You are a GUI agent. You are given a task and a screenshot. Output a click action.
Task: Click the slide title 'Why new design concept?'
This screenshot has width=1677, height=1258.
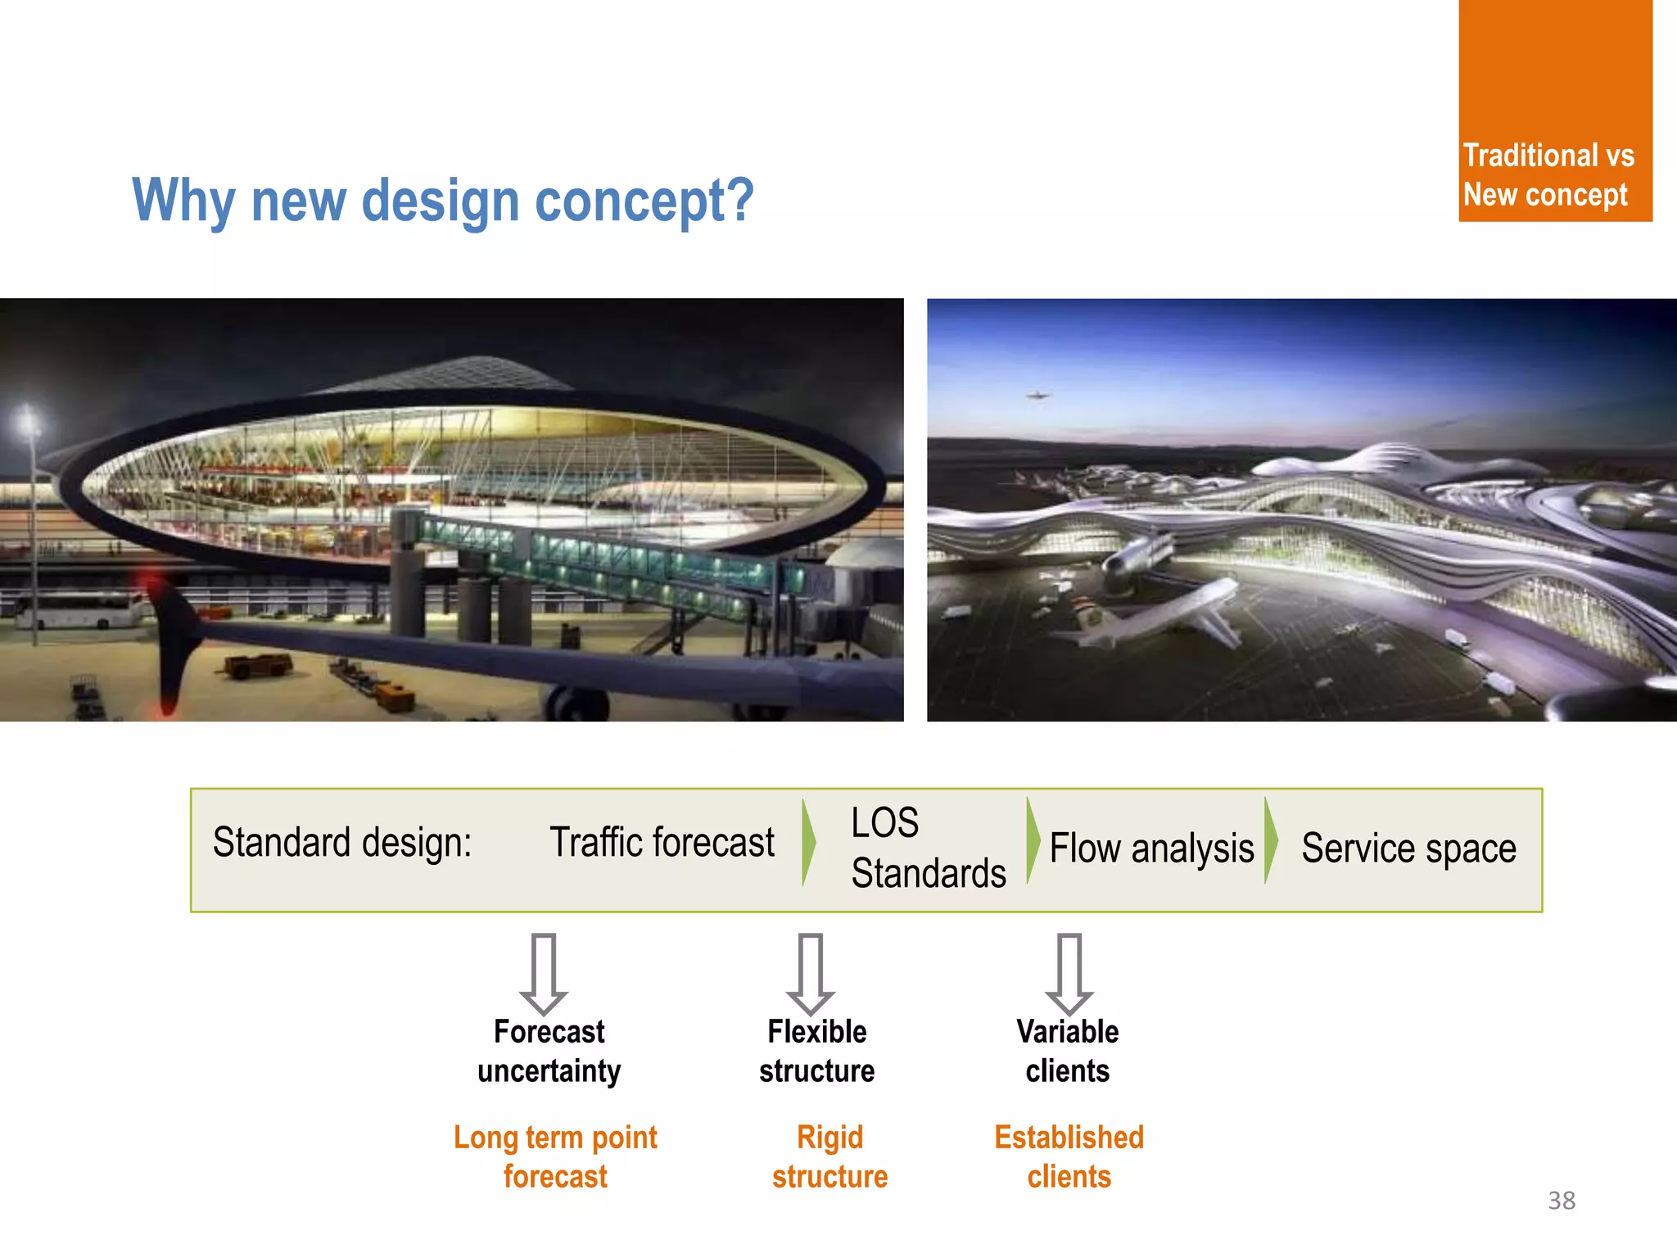[x=442, y=201]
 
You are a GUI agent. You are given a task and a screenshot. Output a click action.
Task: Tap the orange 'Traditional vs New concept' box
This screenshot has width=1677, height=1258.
[x=1554, y=111]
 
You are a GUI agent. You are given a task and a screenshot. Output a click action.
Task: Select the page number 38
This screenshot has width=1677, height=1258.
[x=1561, y=1200]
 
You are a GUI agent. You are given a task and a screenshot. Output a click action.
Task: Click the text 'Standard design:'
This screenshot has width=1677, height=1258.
[x=342, y=843]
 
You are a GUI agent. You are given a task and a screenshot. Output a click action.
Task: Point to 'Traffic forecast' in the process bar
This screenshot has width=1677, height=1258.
[x=662, y=843]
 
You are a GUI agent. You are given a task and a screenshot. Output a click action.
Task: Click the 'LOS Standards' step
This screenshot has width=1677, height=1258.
[x=927, y=848]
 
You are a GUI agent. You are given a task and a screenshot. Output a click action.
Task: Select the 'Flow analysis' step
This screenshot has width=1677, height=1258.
[x=1151, y=848]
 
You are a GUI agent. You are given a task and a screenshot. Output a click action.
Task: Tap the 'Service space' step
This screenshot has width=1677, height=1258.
[x=1408, y=848]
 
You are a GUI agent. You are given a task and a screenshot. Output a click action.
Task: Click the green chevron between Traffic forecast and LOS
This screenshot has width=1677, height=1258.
[x=809, y=842]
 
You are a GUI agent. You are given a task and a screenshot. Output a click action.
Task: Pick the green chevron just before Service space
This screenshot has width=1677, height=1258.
[x=1271, y=840]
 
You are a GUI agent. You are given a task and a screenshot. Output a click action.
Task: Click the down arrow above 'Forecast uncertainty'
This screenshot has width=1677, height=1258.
[x=544, y=973]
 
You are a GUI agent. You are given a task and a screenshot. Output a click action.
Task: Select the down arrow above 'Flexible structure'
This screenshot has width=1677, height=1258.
[x=811, y=973]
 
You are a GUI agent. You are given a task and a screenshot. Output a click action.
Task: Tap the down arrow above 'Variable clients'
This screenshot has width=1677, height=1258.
[x=1069, y=973]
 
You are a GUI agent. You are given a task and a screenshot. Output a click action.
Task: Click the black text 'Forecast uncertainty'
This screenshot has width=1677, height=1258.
[x=549, y=1051]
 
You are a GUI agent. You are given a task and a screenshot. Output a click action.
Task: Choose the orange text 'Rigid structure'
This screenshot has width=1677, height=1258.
[x=829, y=1156]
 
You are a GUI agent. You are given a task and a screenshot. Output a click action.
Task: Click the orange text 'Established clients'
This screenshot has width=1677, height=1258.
[x=1069, y=1156]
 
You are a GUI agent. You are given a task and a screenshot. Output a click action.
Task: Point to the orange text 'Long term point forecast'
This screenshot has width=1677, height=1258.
[x=555, y=1156]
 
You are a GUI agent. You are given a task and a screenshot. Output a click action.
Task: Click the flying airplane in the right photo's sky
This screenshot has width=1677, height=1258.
[x=1037, y=396]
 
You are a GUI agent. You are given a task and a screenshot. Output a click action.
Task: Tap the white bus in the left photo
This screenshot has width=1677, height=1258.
[x=78, y=611]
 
